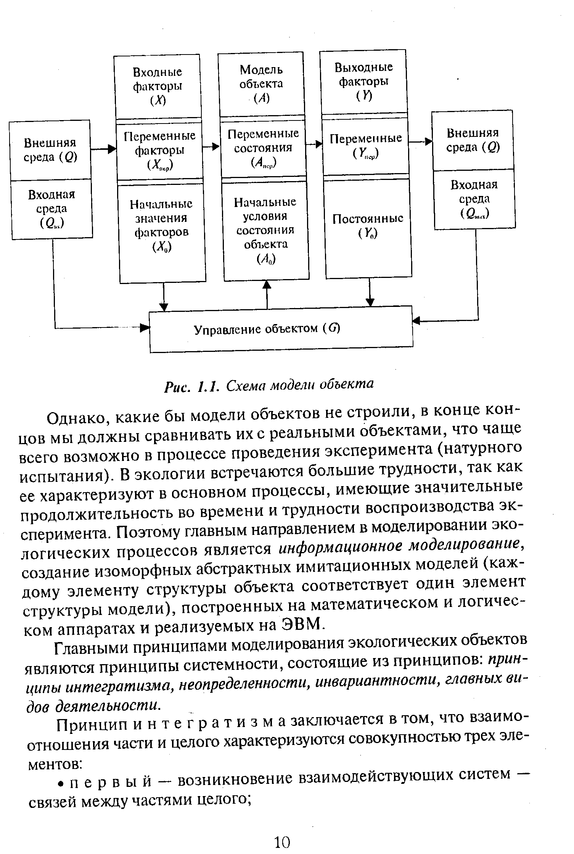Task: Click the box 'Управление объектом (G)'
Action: click(281, 329)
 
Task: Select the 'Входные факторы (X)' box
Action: click(158, 86)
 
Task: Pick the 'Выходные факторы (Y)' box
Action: click(363, 82)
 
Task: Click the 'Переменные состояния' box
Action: click(263, 148)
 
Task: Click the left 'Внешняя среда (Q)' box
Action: click(50, 150)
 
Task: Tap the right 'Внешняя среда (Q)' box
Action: click(473, 140)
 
